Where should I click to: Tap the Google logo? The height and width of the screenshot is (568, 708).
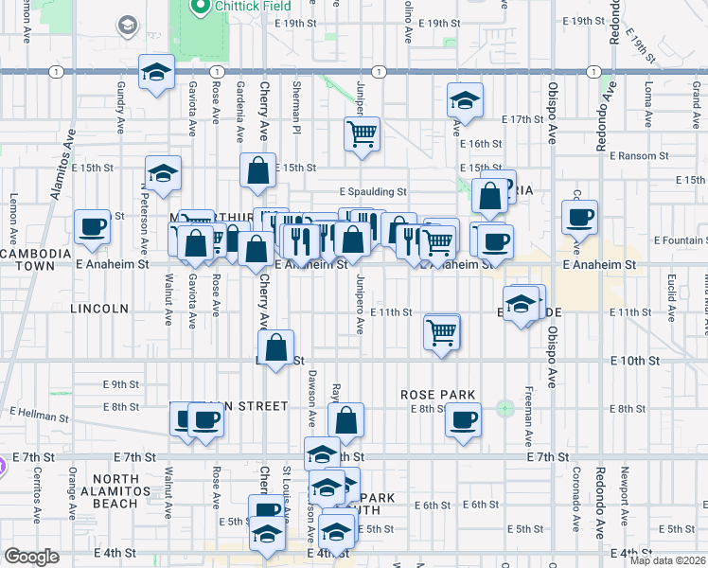[31, 557]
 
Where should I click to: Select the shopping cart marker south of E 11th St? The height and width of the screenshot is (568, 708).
[442, 332]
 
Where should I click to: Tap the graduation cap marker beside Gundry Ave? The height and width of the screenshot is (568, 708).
[156, 72]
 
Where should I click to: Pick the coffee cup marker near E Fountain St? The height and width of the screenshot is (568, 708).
[580, 218]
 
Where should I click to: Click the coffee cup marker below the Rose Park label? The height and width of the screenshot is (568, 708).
[463, 420]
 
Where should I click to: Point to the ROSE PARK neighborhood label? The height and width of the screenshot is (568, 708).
[437, 394]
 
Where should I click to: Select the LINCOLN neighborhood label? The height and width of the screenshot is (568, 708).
[98, 309]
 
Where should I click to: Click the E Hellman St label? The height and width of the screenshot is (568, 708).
[42, 412]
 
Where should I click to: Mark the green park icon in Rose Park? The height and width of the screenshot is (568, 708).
[504, 409]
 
